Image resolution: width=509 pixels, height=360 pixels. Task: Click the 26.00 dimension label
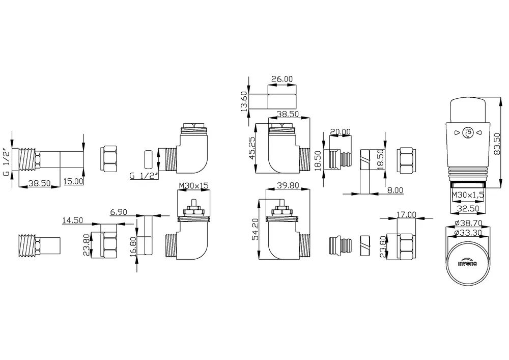(x=282, y=79)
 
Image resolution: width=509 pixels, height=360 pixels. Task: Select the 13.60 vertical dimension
(x=244, y=101)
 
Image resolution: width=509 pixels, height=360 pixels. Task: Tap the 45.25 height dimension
(x=251, y=149)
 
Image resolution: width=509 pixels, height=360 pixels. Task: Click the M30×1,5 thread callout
(x=468, y=195)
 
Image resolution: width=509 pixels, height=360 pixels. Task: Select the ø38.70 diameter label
(x=468, y=224)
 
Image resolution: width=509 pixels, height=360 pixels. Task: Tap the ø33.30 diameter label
(x=468, y=232)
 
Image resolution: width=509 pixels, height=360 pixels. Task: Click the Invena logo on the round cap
(x=467, y=264)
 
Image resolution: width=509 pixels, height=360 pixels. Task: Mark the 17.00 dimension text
(x=406, y=214)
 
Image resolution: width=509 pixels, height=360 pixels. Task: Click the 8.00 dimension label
(x=395, y=190)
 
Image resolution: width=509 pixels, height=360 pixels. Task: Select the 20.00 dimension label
(x=340, y=131)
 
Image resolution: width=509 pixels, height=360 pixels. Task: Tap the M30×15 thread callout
(x=193, y=185)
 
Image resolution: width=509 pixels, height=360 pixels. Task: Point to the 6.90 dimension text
(x=119, y=212)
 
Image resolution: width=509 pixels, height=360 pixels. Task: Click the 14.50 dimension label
(x=73, y=220)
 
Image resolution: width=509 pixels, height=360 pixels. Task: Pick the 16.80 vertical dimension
(x=133, y=246)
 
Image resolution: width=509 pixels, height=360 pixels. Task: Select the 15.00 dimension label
(x=73, y=181)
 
